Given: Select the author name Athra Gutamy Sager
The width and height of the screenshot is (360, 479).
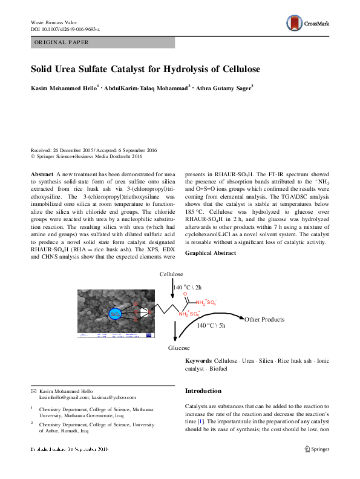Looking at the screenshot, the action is (223, 88).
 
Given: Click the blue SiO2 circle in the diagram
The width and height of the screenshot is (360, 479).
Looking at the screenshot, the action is (115, 314).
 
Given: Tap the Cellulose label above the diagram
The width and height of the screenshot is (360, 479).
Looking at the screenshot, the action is (171, 274).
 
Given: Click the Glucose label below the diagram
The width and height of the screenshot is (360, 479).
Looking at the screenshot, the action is (178, 348).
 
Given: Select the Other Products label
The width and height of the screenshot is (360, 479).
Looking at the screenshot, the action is (264, 320).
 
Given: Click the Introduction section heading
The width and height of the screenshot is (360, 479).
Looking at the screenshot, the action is (205, 391).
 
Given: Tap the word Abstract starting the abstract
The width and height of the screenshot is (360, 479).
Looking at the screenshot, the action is (42, 173).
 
